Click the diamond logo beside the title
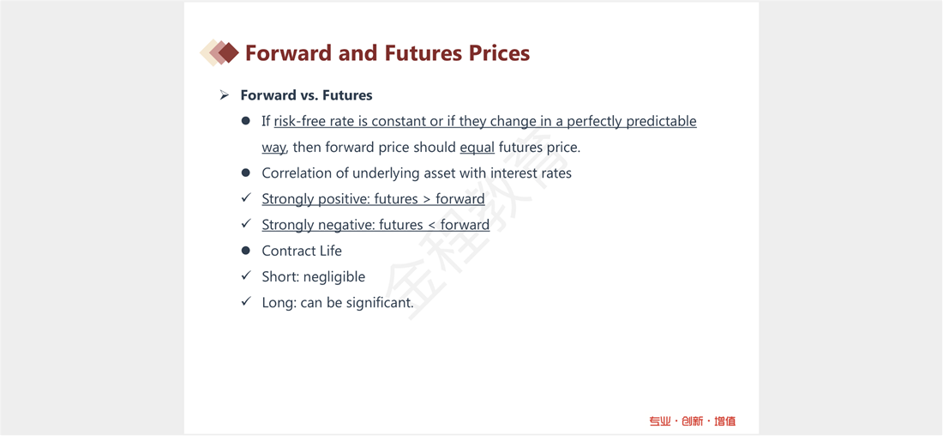coord(219,52)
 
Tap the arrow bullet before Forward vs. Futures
coord(225,95)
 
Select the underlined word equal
coord(477,147)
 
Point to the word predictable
coord(662,122)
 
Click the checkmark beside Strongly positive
coord(245,198)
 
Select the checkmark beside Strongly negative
coord(245,224)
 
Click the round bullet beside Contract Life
coord(245,250)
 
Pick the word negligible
coord(333,277)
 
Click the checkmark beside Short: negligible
coord(245,276)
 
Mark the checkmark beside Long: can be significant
coord(245,302)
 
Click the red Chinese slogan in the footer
coord(692,421)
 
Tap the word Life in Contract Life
coord(331,251)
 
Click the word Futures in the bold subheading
coord(347,95)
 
